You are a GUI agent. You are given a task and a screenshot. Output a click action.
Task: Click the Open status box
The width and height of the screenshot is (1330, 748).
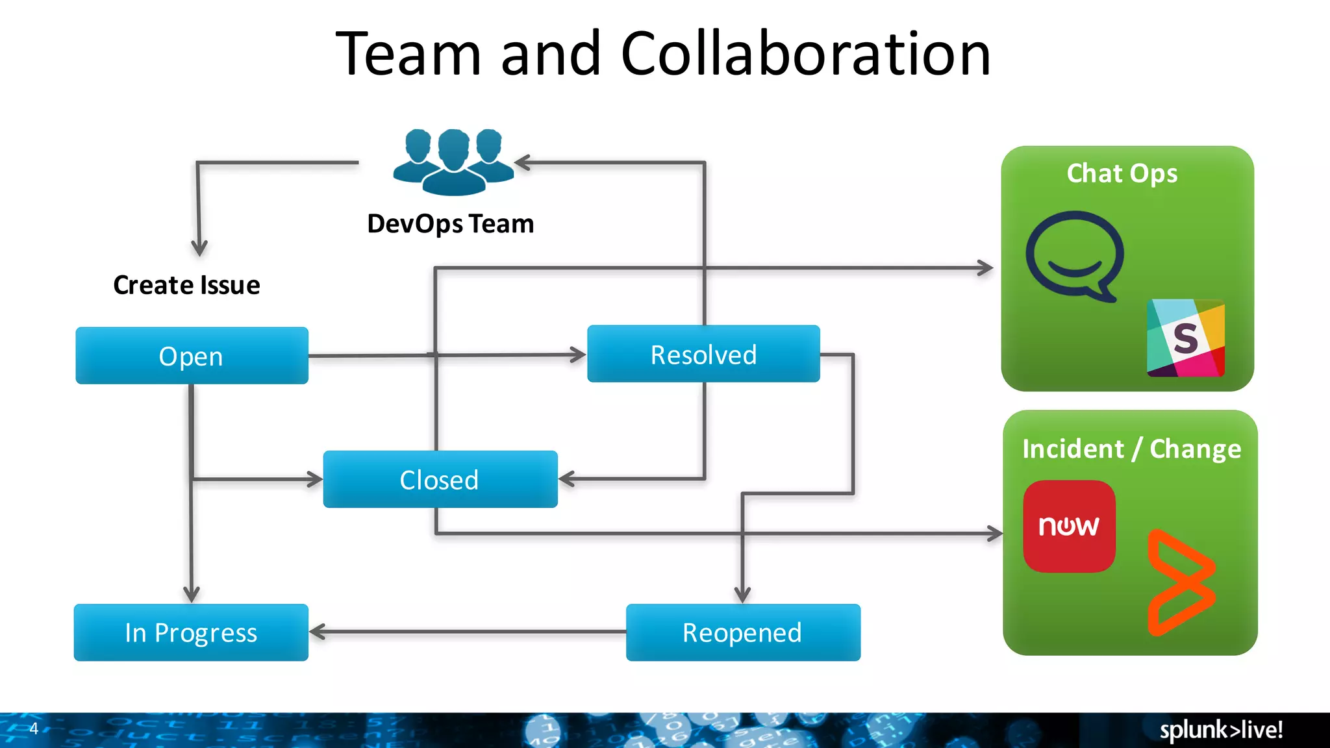coord(192,356)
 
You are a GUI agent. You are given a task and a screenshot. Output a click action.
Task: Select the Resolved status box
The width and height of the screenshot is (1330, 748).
coord(703,355)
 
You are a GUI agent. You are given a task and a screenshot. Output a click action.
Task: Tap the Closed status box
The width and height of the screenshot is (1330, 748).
coord(440,480)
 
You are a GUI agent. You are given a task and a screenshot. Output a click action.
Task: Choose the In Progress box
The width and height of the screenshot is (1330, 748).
coord(191,632)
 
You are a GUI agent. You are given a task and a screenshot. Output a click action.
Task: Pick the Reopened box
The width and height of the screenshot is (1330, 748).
coord(743,632)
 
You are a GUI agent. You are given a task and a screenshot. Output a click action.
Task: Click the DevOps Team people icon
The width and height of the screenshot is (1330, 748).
coord(453,162)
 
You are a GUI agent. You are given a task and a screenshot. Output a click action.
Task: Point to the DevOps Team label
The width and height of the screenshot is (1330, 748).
coord(450,224)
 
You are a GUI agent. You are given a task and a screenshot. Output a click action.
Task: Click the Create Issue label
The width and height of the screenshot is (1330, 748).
coord(186,285)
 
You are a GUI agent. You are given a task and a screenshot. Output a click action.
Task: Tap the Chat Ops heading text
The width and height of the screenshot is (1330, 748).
coord(1122,173)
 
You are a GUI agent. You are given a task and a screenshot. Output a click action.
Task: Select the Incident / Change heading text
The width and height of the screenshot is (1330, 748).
coord(1131,449)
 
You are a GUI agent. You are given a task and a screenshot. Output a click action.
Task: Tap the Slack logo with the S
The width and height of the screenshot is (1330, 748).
coord(1185,338)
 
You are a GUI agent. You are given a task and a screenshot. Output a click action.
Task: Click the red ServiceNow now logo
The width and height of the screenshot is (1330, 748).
coord(1069,526)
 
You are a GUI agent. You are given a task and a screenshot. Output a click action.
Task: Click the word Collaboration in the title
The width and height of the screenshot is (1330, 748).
coord(805,54)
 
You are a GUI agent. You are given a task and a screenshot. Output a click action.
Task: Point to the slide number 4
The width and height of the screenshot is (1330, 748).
coord(34,729)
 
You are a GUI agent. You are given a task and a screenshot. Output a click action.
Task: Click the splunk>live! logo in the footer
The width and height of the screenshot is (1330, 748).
coord(1221,730)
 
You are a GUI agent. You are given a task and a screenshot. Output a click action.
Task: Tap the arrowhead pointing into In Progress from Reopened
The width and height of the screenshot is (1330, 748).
coord(318,632)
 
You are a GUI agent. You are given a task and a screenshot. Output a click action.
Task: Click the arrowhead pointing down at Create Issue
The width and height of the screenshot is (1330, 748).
coord(199,248)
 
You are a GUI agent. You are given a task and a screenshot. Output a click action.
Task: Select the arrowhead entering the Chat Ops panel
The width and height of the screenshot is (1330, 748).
coord(986,268)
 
